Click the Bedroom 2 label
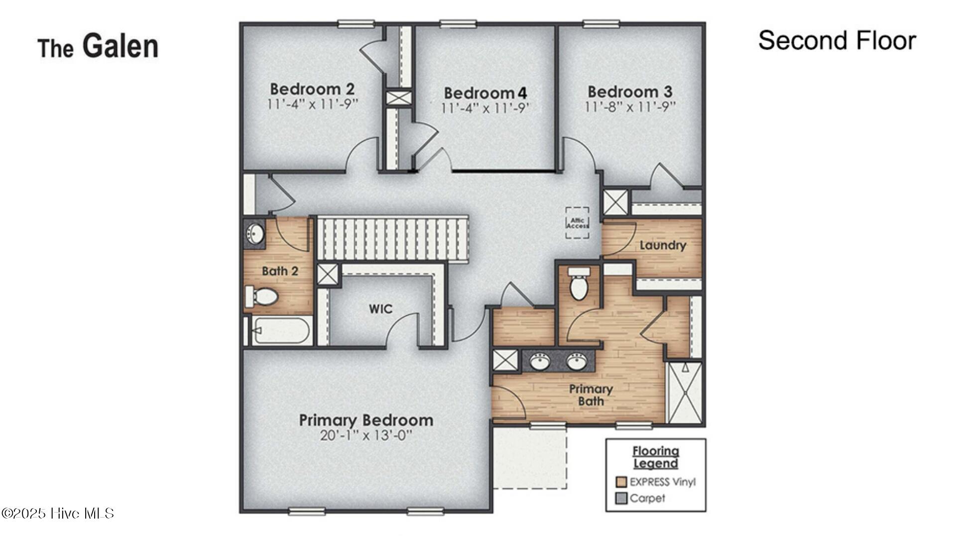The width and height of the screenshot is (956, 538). point(312,89)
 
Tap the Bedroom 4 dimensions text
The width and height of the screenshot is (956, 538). point(485,108)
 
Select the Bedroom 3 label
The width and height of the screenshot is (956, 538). point(630,92)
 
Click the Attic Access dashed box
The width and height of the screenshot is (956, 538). point(577,223)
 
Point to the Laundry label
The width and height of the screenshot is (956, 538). point(662,245)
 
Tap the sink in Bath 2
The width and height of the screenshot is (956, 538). point(255,234)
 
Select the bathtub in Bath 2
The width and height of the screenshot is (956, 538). point(281,330)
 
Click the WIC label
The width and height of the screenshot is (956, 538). point(380,309)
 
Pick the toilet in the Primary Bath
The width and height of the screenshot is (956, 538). point(579,284)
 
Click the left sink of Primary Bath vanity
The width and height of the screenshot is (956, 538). point(540,361)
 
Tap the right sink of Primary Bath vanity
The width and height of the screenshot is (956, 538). point(577,361)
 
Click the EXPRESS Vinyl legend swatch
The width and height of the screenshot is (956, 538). point(620,482)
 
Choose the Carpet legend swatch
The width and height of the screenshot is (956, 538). point(620,498)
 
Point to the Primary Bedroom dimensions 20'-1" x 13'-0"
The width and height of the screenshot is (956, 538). point(366,435)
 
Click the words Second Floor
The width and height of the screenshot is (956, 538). point(836,41)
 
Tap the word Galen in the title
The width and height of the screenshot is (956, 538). point(120,46)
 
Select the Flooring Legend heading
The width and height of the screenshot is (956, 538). point(655,457)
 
